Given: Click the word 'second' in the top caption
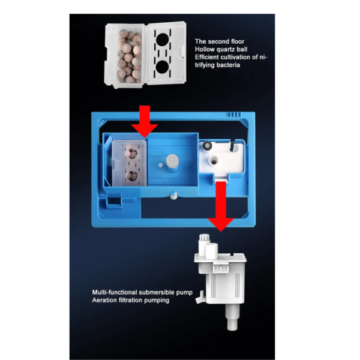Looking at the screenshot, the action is [219, 41].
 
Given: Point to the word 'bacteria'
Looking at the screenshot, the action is [228, 65].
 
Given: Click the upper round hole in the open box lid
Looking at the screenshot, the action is [163, 40].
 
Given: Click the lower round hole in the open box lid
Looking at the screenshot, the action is [163, 67].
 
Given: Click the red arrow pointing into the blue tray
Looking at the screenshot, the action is [145, 121].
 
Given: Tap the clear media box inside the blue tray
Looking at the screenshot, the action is [129, 163].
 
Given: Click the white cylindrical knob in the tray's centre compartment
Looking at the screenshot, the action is [172, 160].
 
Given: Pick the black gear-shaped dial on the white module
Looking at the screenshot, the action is [207, 146].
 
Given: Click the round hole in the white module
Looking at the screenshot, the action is [214, 160].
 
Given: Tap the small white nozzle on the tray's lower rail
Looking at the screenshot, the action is [173, 196].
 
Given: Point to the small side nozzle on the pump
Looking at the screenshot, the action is [200, 298].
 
